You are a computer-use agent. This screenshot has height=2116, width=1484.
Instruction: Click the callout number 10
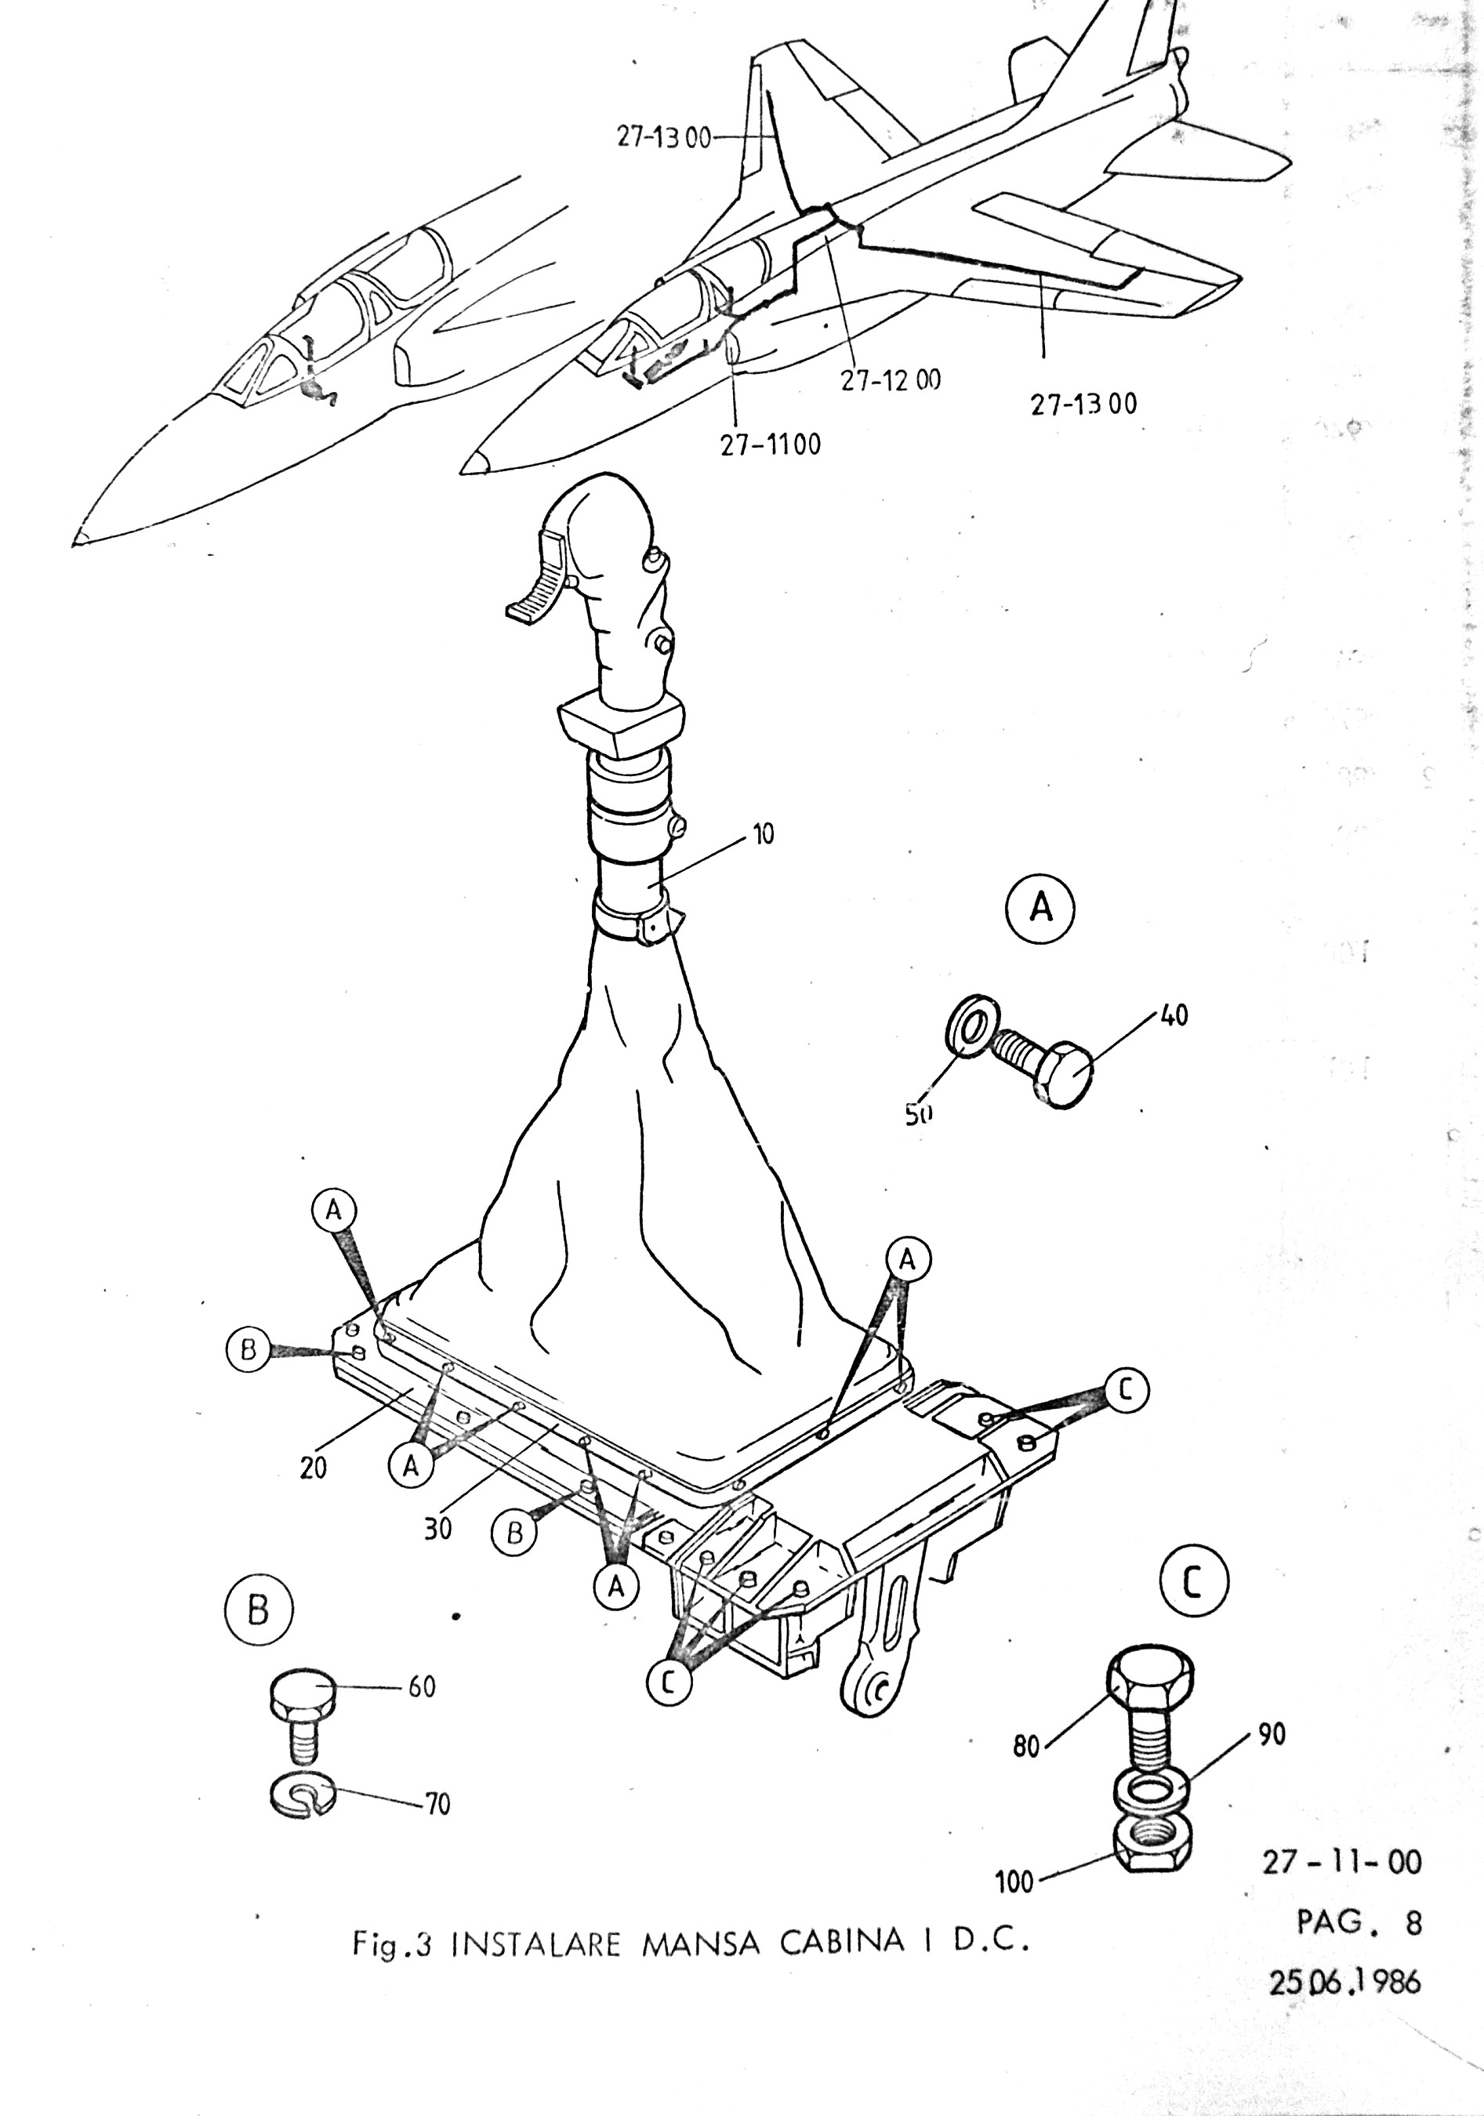[764, 835]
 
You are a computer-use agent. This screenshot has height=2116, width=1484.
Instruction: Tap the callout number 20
[314, 1467]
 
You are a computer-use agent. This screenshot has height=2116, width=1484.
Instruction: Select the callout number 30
[437, 1529]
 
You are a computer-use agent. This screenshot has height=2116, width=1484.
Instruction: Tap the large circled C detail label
[1194, 1584]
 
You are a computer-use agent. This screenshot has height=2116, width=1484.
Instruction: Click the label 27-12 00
[890, 379]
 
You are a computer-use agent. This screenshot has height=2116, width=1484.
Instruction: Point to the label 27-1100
[771, 445]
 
